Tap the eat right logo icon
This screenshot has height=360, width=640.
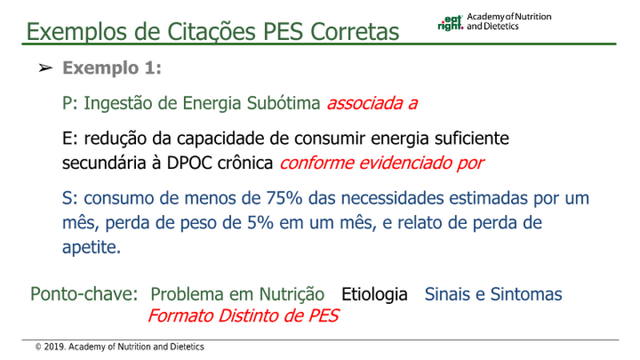pyautogui.click(x=450, y=23)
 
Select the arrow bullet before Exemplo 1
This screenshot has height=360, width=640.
pyautogui.click(x=46, y=68)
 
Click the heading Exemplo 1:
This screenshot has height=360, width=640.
pyautogui.click(x=112, y=68)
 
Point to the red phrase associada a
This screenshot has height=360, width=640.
pyautogui.click(x=372, y=103)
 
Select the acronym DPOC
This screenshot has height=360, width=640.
pyautogui.click(x=190, y=163)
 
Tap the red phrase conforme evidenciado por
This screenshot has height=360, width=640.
pyautogui.click(x=382, y=163)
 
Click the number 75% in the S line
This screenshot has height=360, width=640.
pyautogui.click(x=284, y=198)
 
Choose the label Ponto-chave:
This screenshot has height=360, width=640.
pyautogui.click(x=85, y=294)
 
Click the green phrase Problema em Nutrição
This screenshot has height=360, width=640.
pyautogui.click(x=238, y=294)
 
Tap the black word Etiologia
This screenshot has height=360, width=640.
pyautogui.click(x=374, y=294)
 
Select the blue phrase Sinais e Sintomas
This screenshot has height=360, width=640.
pyautogui.click(x=494, y=294)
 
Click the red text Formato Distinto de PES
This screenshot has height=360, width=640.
pyautogui.click(x=243, y=316)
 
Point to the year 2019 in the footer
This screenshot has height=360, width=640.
pyautogui.click(x=54, y=347)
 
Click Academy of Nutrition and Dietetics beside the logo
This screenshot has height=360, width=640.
pyautogui.click(x=509, y=22)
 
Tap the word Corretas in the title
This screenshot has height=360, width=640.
pyautogui.click(x=354, y=32)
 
